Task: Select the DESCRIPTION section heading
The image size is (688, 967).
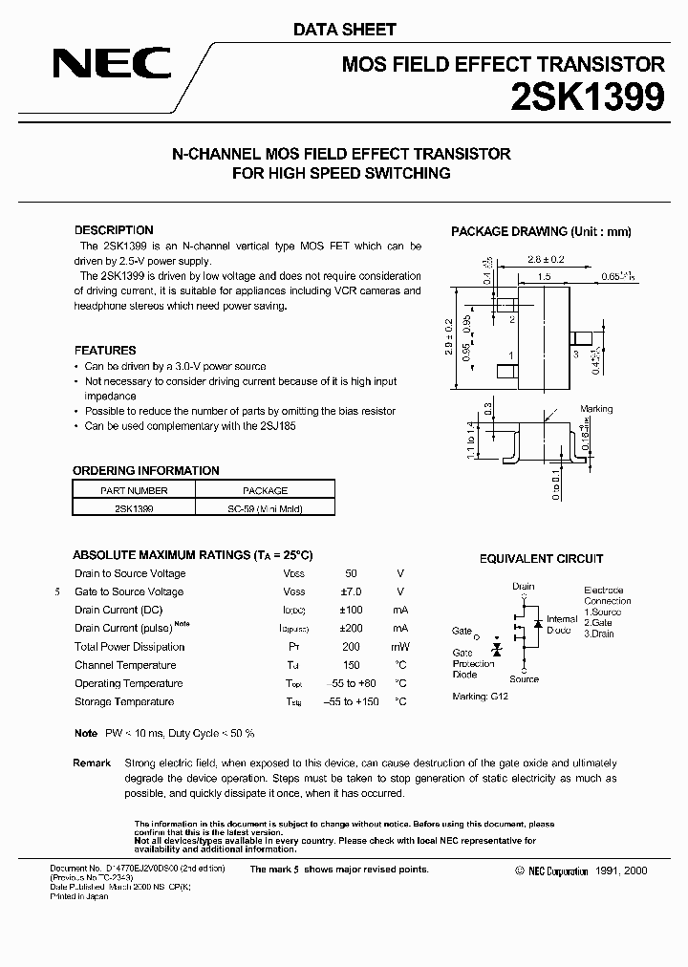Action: tap(114, 230)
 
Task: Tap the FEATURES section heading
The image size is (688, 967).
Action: tap(105, 350)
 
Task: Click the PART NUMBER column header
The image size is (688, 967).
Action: tap(134, 490)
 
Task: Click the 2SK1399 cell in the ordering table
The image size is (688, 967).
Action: tap(134, 509)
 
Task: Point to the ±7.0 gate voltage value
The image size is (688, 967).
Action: tap(351, 591)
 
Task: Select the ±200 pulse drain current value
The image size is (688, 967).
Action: tap(351, 628)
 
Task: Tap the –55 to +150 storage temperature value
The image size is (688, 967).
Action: tap(351, 701)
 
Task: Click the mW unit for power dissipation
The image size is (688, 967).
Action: tap(400, 647)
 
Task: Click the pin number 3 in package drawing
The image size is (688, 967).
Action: tap(577, 354)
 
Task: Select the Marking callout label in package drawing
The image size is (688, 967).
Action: tap(596, 409)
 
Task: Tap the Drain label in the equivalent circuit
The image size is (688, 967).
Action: tap(523, 587)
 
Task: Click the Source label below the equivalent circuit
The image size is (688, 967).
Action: tap(524, 679)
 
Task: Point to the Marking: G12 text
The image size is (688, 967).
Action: tap(480, 697)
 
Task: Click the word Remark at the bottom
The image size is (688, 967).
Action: tap(92, 763)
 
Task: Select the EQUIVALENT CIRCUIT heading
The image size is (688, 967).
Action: tap(541, 559)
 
